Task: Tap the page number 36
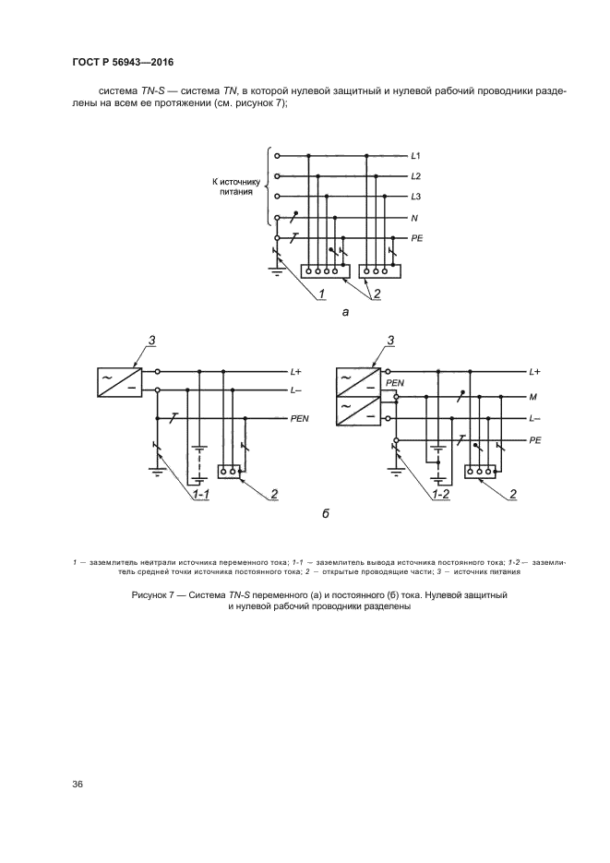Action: (78, 785)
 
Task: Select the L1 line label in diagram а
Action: (416, 156)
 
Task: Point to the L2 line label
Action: (416, 176)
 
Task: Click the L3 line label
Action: (416, 198)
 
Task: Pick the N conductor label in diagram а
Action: (414, 218)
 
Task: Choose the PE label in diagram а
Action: (416, 238)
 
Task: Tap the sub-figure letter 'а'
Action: (345, 313)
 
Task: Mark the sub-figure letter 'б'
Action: (326, 512)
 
